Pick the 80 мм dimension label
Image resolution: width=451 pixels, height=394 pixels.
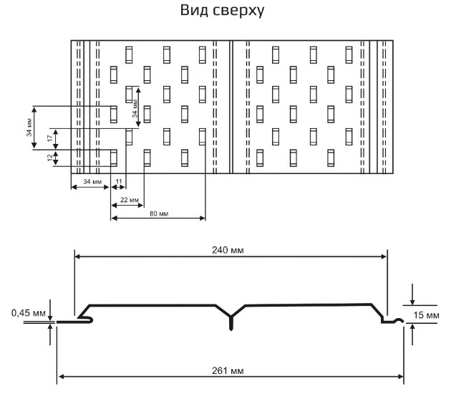click(x=158, y=213)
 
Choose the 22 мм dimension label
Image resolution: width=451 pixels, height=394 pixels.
click(x=129, y=200)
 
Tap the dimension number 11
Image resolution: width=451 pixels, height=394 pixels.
click(x=119, y=182)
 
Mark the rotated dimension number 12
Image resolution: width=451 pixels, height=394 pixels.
click(x=49, y=158)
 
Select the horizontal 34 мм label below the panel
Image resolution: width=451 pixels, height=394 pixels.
click(x=92, y=182)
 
